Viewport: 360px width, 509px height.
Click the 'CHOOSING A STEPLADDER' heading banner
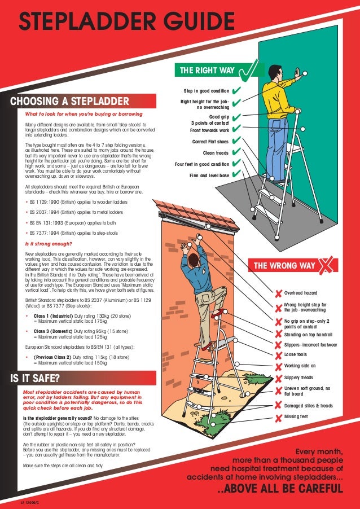(x=69, y=102)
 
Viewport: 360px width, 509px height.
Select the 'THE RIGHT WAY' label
(x=207, y=71)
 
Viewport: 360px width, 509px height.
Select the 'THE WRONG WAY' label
(x=284, y=266)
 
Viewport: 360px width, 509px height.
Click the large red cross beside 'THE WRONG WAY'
(x=326, y=266)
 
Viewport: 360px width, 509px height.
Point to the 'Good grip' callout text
(x=219, y=117)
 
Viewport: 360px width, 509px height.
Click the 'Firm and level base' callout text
(x=209, y=175)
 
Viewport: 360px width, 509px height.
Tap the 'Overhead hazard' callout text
(x=301, y=293)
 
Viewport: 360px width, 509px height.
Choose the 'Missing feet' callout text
(x=296, y=417)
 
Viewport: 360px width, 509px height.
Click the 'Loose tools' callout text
(x=296, y=355)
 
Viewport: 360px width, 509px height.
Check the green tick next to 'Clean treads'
(x=235, y=152)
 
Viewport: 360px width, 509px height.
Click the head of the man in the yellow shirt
(x=274, y=72)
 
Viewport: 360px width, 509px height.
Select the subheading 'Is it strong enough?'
(x=48, y=244)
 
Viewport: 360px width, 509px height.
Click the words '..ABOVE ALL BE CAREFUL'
(x=280, y=489)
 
